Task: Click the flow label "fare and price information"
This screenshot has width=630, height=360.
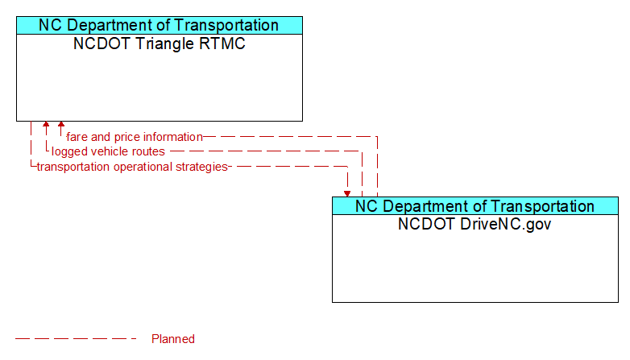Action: click(135, 137)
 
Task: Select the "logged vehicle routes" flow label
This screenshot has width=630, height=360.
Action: click(108, 151)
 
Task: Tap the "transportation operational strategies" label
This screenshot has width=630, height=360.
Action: click(132, 167)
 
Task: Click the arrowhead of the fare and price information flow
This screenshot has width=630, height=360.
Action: click(61, 124)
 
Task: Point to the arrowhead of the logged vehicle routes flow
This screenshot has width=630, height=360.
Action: click(46, 124)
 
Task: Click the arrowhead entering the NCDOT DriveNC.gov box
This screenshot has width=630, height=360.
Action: click(347, 194)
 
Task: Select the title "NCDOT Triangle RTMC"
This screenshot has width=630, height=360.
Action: click(159, 43)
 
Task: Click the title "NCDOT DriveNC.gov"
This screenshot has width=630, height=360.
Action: click(475, 224)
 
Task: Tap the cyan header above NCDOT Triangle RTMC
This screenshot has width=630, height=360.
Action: click(160, 25)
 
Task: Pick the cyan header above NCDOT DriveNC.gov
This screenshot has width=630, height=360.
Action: click(475, 206)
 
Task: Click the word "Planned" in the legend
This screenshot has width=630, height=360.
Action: click(173, 339)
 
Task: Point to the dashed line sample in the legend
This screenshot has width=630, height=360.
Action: click(76, 339)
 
